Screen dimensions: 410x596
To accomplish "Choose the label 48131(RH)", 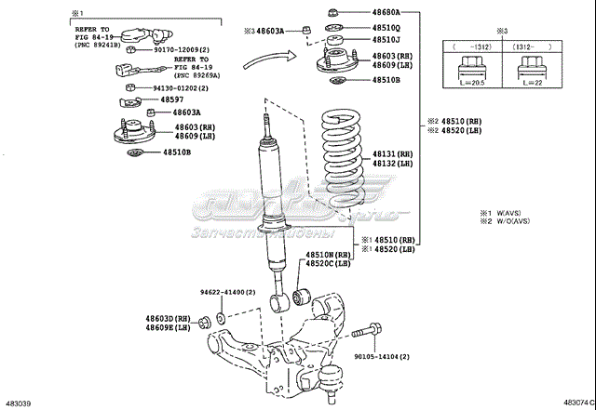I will (x=392, y=153).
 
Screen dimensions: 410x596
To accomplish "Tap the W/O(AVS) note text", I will (x=509, y=221).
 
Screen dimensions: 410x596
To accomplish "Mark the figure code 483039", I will (x=19, y=403).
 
